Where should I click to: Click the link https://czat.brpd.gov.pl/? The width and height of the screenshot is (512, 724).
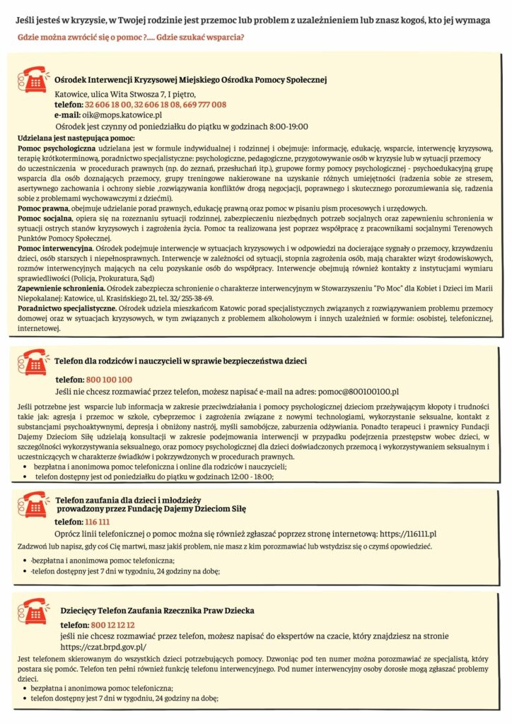[104, 646]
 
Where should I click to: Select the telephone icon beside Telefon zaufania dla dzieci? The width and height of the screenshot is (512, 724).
[32, 505]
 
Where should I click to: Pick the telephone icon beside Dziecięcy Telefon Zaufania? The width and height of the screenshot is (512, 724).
[32, 610]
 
